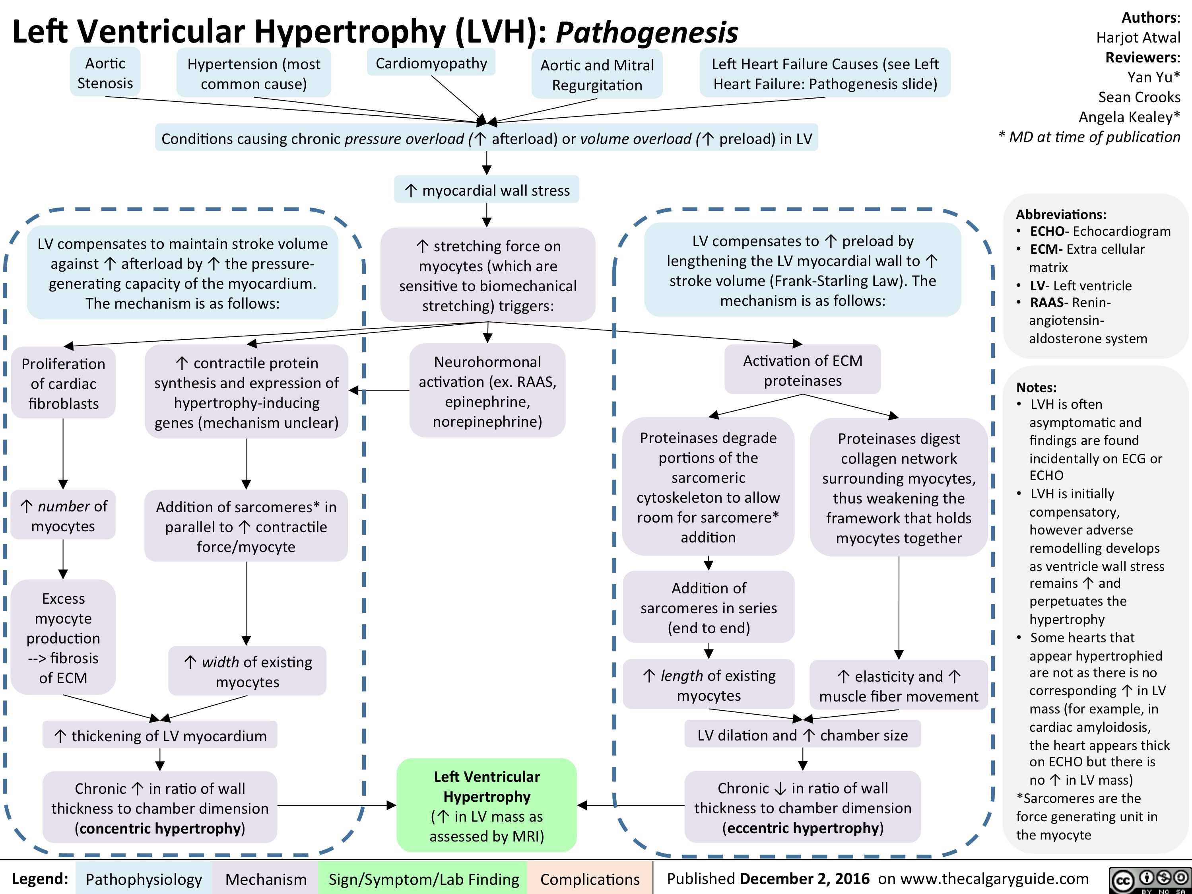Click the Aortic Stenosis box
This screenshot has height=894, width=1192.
point(105,73)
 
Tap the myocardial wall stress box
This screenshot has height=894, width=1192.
point(487,190)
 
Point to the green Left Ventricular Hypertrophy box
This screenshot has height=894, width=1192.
point(487,806)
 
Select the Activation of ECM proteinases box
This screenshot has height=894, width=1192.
point(802,370)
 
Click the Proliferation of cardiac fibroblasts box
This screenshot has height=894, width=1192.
point(64,384)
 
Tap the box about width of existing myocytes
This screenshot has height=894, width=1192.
point(247,671)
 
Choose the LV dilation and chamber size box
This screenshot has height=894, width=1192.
point(802,735)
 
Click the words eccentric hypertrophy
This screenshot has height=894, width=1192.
point(802,828)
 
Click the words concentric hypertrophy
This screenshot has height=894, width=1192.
point(160,828)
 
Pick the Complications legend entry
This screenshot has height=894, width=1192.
point(590,879)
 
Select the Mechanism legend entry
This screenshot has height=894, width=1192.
point(266,879)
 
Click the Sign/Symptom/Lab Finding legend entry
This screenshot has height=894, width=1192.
point(423,879)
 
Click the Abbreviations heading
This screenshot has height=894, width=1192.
point(1060,214)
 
